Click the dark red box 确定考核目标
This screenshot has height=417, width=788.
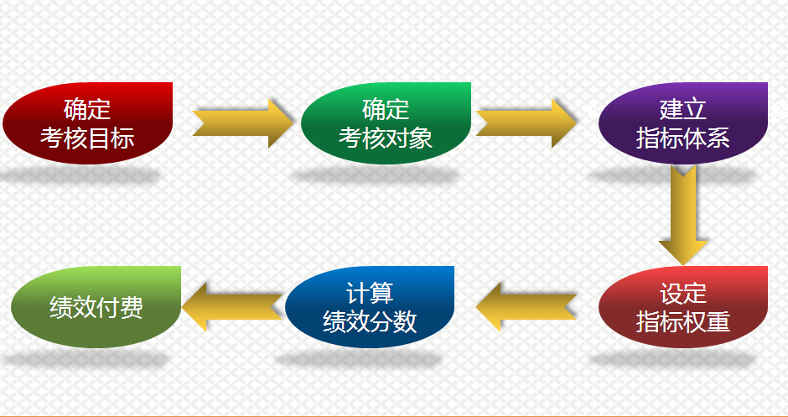[87, 123]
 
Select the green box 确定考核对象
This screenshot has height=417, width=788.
[386, 123]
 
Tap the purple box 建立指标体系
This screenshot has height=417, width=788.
[683, 123]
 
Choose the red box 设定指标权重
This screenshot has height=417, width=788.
[683, 307]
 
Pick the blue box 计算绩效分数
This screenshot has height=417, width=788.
[370, 307]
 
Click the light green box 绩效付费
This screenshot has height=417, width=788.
[96, 307]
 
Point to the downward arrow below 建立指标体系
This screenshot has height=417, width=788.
[683, 213]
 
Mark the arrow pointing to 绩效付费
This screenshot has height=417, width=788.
[231, 307]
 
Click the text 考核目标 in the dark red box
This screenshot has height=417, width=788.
[87, 138]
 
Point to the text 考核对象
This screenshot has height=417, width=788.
[386, 138]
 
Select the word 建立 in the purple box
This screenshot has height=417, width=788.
[683, 109]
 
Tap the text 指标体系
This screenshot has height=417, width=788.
[683, 138]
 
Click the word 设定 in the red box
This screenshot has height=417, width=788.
[683, 294]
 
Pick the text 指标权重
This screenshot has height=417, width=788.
[683, 321]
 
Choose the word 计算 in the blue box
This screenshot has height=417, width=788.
[370, 294]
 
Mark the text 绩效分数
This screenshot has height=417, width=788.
[370, 321]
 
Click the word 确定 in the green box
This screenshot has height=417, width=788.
[386, 109]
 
